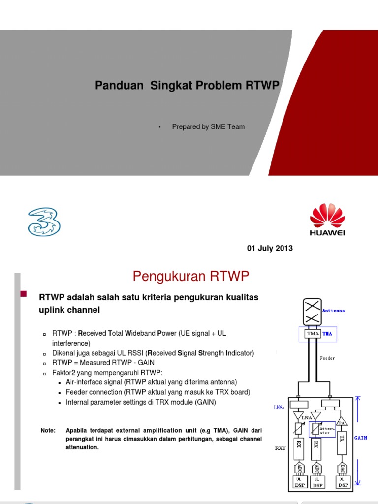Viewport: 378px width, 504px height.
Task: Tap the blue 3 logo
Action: tap(44, 220)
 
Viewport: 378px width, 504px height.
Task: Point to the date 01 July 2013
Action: tap(270, 248)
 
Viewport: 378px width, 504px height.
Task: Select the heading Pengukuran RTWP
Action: tap(191, 277)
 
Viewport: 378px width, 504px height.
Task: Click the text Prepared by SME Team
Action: tap(208, 126)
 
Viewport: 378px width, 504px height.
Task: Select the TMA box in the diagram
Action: tap(314, 334)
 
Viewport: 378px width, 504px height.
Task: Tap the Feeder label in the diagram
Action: tap(327, 358)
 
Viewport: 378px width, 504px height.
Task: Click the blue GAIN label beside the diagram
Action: tap(361, 438)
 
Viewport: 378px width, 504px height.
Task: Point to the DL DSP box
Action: tap(343, 482)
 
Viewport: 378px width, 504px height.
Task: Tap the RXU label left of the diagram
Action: tap(281, 448)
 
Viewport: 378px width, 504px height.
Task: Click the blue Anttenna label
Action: tap(334, 311)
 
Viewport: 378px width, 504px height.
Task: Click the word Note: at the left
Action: tap(48, 431)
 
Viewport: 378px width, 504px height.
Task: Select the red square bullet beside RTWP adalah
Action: tap(23, 294)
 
